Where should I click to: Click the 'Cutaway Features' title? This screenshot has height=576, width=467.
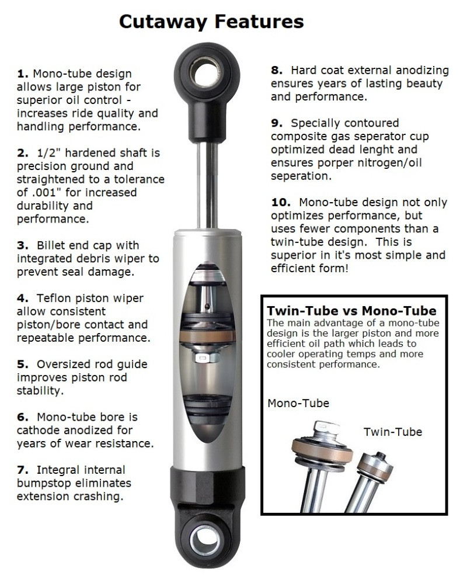(x=211, y=22)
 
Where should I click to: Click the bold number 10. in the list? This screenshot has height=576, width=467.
(x=281, y=202)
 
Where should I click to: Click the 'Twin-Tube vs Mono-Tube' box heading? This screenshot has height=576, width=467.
(x=351, y=311)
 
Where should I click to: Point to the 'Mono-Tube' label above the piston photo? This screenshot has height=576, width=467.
(x=298, y=403)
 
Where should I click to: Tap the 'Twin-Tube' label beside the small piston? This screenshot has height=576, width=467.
(x=392, y=432)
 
